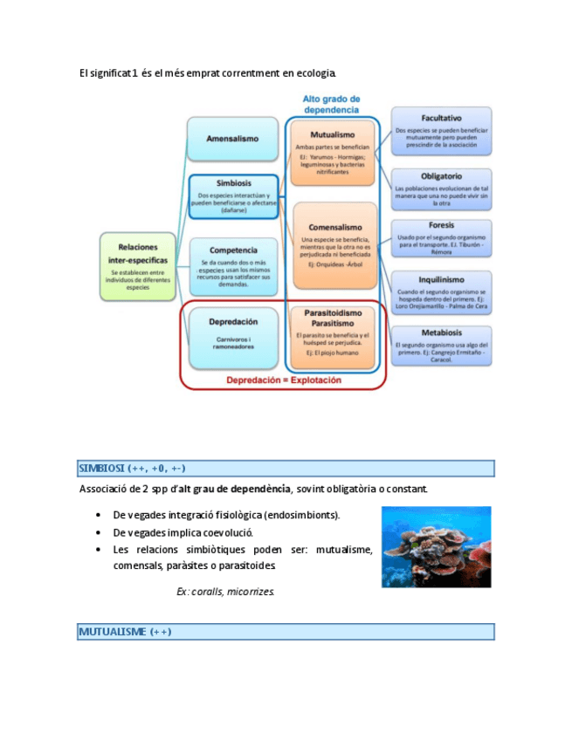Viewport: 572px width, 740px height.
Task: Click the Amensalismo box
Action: pyautogui.click(x=231, y=140)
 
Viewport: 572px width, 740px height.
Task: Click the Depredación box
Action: pyautogui.click(x=231, y=333)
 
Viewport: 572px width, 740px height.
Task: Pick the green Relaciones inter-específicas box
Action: pyautogui.click(x=137, y=266)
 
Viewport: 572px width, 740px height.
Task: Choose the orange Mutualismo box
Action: pyautogui.click(x=332, y=153)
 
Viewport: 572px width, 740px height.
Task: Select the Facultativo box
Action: pyautogui.click(x=441, y=131)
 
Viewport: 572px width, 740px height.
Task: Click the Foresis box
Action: pyautogui.click(x=441, y=238)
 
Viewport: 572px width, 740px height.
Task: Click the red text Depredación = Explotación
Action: pyautogui.click(x=284, y=380)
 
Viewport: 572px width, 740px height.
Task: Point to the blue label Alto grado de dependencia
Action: pyautogui.click(x=331, y=104)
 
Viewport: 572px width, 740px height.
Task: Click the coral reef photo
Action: pyautogui.click(x=436, y=546)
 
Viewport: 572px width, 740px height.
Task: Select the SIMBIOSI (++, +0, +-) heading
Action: pyautogui.click(x=132, y=469)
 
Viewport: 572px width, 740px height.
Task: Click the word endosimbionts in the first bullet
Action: pyautogui.click(x=301, y=515)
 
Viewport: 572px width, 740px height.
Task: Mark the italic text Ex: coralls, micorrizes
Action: pyautogui.click(x=225, y=592)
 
